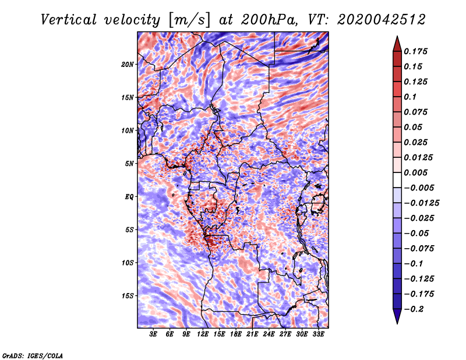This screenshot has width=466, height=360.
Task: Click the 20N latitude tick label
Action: pos(128,64)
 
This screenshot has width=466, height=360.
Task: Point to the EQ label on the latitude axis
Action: pos(129,196)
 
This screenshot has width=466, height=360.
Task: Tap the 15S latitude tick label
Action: pos(128,296)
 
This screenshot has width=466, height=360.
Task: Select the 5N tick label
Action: pos(129,164)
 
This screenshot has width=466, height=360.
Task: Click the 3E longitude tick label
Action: pos(153,334)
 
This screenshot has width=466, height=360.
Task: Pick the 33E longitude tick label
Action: pos(318,334)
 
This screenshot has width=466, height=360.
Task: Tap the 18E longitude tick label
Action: pos(236,334)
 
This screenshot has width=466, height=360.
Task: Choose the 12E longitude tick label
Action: pos(203,334)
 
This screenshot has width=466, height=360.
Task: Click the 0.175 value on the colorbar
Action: pos(415,51)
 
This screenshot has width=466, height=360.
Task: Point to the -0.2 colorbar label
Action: pos(414,309)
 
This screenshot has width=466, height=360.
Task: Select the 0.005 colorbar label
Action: pos(415,172)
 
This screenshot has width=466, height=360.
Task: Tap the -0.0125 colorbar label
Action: pos(421,203)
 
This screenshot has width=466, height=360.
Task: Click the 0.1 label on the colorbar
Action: pos(410,97)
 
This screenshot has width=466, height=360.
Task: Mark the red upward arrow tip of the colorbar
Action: pos(397,36)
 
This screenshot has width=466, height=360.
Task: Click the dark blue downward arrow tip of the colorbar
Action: pos(397,323)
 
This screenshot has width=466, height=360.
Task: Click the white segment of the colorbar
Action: pos(397,180)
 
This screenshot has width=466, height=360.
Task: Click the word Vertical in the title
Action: pos(69,20)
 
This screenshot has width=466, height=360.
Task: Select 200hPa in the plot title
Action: pos(269,20)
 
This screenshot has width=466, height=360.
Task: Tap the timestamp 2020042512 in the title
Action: pos(381,20)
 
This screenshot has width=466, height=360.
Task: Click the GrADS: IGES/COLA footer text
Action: pos(33,355)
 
